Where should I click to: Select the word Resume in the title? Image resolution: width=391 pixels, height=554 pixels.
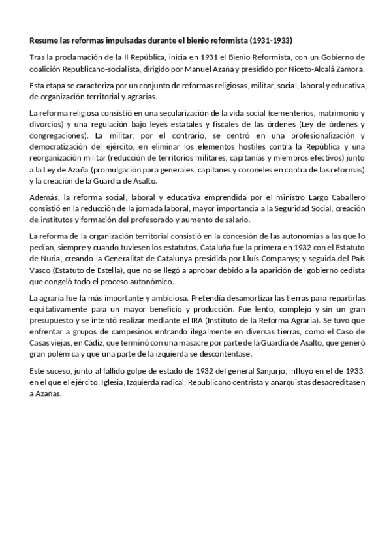coord(44,40)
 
